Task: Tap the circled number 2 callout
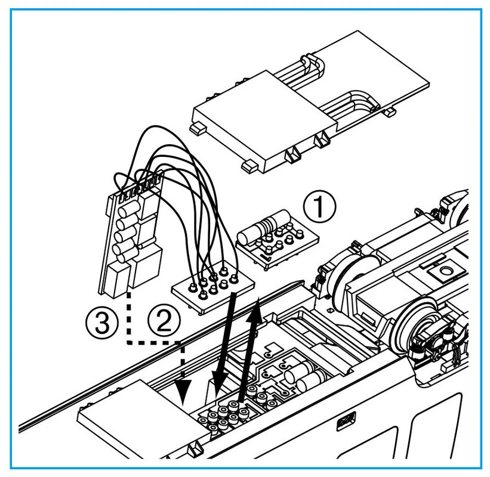coord(163,322)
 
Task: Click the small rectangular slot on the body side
coord(344,422)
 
